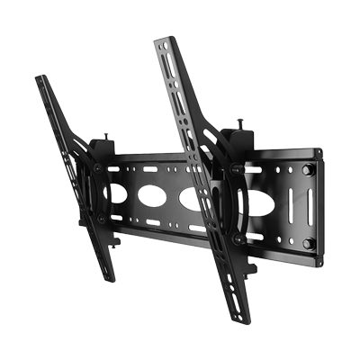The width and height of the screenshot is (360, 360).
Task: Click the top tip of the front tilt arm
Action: click(165, 40)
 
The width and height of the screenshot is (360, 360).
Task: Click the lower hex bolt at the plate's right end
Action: click(308, 243)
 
